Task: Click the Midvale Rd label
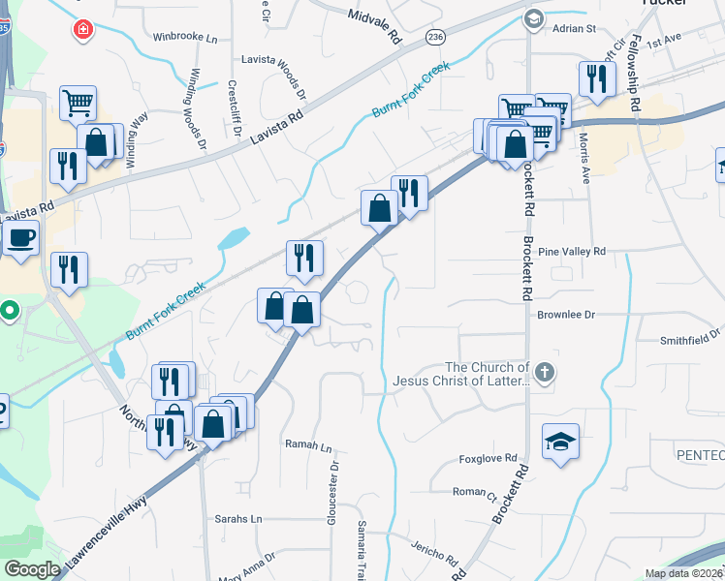(x=373, y=23)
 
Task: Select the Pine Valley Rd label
(x=571, y=251)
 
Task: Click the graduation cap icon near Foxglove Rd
(x=560, y=442)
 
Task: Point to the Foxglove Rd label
(x=489, y=458)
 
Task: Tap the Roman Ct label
(x=475, y=493)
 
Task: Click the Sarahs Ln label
(x=238, y=519)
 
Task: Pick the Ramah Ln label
(x=308, y=447)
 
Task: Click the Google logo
(x=32, y=569)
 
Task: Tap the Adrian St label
(x=574, y=29)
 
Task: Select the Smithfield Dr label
(x=691, y=339)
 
